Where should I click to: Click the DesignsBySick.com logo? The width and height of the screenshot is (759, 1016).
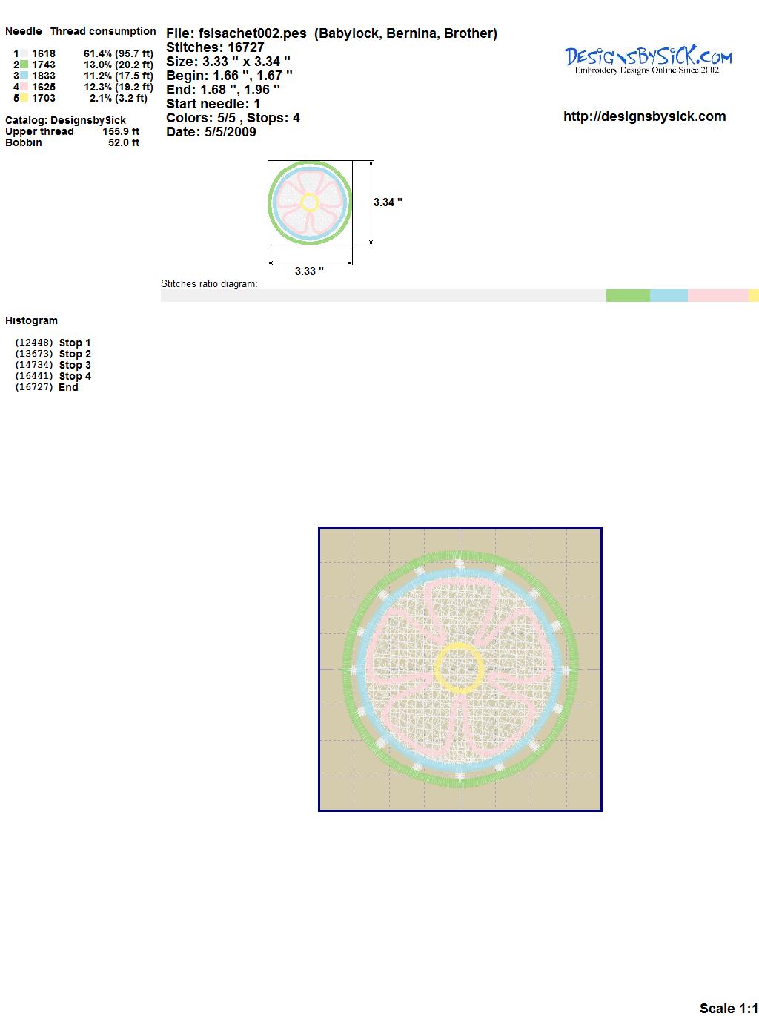tap(648, 60)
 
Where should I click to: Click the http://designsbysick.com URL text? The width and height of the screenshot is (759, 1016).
tap(644, 116)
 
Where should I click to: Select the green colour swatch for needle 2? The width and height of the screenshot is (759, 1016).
tap(24, 65)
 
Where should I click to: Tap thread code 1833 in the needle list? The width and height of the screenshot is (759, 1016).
tap(44, 76)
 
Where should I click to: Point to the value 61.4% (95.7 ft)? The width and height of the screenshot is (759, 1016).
tap(119, 53)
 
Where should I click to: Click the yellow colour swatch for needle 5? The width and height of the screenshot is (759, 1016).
tap(24, 98)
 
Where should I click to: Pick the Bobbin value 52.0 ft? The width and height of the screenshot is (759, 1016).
tap(124, 142)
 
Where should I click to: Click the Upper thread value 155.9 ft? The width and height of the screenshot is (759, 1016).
tap(121, 131)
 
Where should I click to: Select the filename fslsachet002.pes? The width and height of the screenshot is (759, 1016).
tap(253, 34)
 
